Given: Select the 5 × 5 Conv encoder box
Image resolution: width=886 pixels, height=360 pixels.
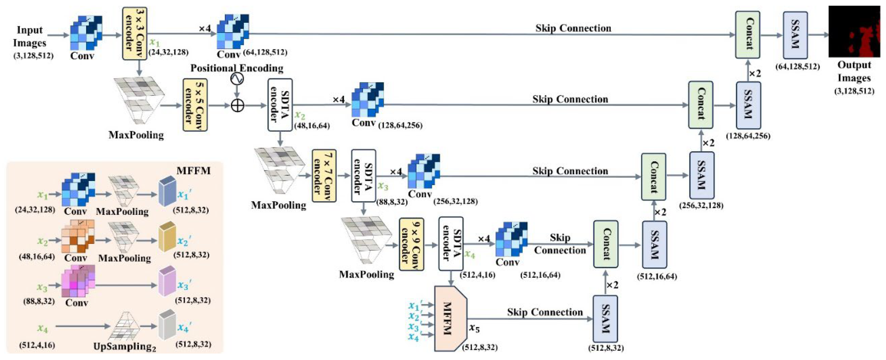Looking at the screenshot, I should click(195, 105).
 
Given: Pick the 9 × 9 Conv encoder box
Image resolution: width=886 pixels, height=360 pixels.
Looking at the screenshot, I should click(411, 244).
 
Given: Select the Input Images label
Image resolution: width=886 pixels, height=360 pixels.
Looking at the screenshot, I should click(30, 36).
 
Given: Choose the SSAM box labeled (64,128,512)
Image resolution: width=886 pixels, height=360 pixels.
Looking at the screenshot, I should click(795, 35).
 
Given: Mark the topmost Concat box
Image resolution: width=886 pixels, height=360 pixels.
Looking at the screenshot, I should click(747, 35).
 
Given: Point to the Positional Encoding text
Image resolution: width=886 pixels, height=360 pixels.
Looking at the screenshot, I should click(237, 68).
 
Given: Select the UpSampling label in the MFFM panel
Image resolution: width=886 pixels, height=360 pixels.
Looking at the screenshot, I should click(125, 346).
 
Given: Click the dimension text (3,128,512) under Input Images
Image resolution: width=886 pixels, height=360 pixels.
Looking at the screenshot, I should click(33, 55).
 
